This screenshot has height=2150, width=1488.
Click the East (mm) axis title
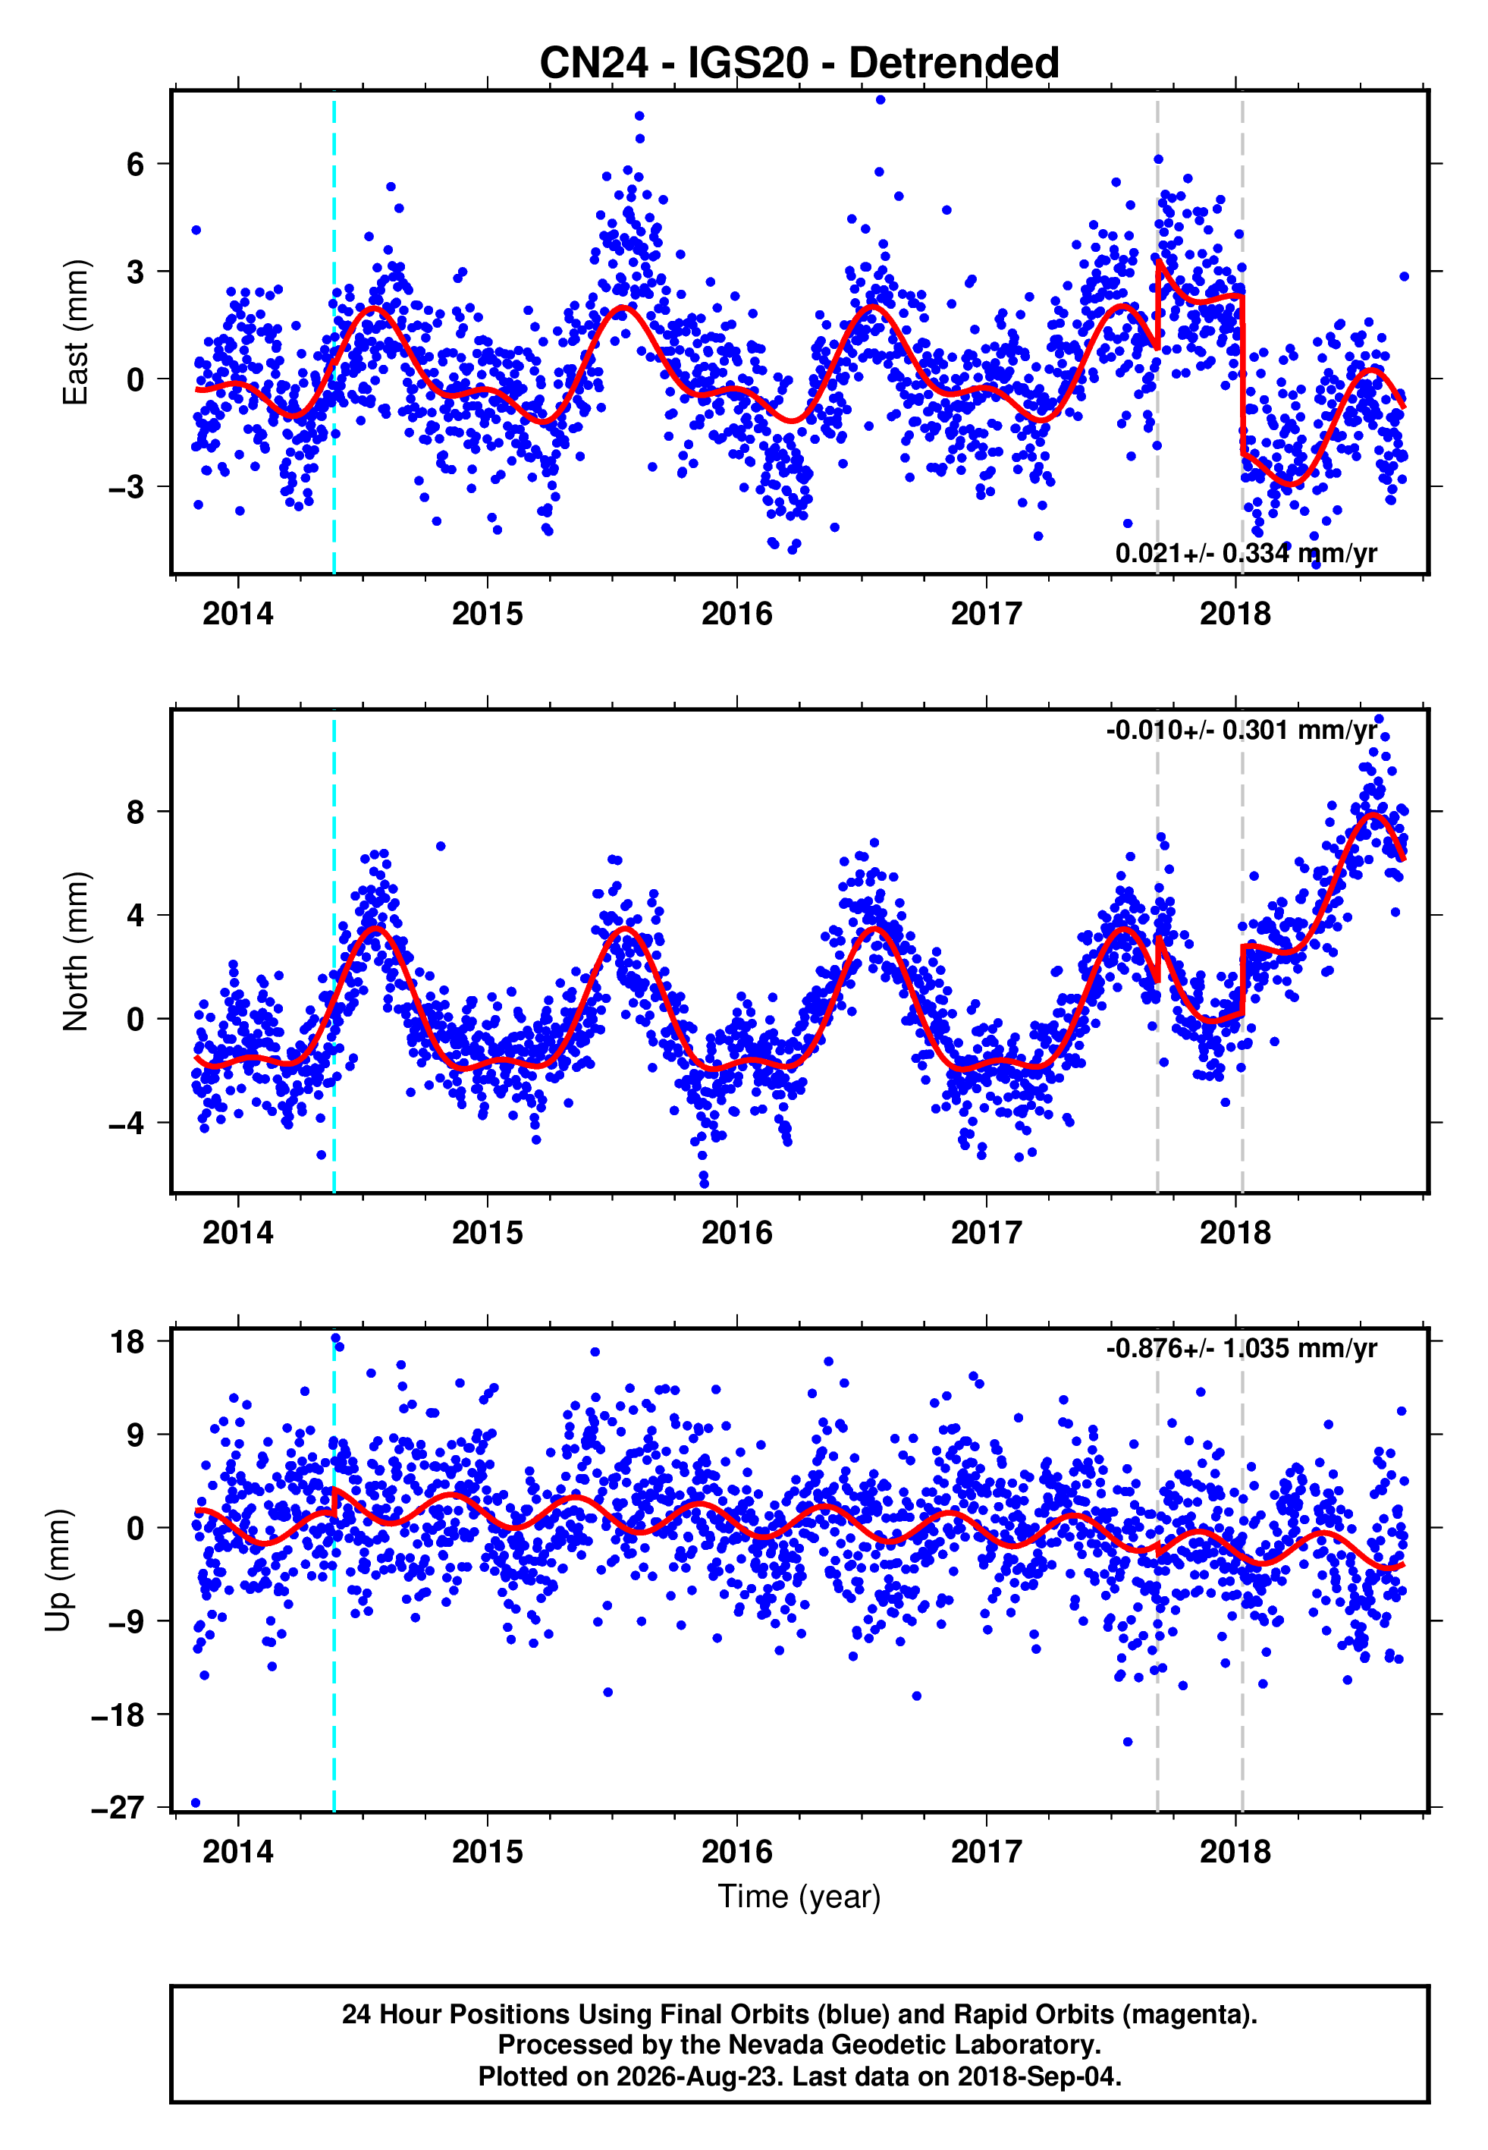(76, 332)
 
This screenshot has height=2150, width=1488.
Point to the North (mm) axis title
(76, 951)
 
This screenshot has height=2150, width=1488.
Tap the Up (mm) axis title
(58, 1570)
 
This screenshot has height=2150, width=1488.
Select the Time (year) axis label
(799, 1897)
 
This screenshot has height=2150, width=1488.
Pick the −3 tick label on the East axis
(126, 487)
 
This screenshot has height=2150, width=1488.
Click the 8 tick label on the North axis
(136, 812)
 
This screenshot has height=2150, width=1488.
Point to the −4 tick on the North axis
(126, 1123)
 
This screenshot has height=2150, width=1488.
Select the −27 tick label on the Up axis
(118, 1808)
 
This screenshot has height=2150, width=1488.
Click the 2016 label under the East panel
(736, 614)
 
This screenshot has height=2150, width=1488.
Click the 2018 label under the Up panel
(1235, 1852)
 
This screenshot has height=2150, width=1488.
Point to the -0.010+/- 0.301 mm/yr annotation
(1241, 730)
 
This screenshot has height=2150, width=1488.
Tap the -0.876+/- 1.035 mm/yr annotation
(1241, 1348)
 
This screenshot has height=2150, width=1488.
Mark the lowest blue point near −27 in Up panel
(196, 1803)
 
